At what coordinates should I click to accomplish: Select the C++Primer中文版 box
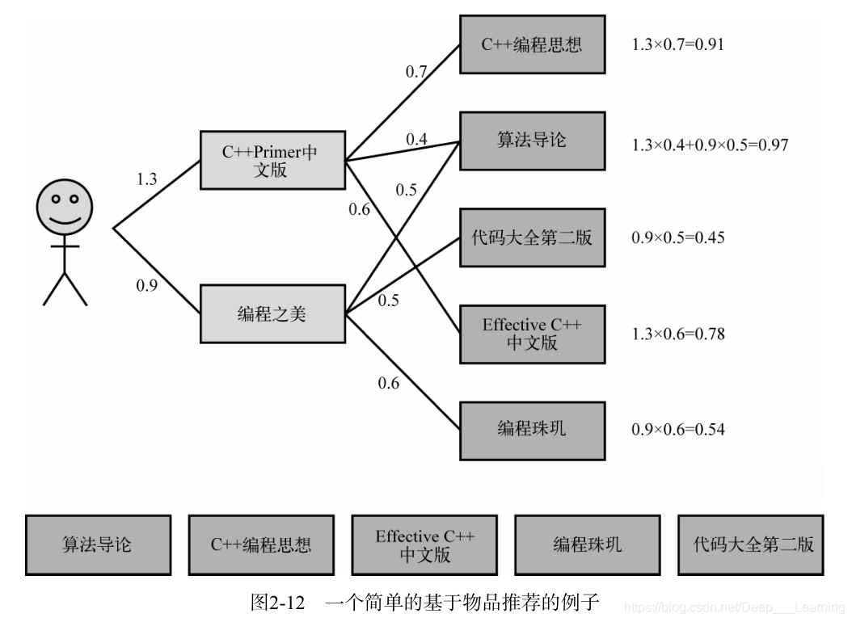[272, 160]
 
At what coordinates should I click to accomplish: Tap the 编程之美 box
[272, 313]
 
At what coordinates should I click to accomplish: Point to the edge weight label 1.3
[146, 179]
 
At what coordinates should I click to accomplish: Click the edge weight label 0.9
[146, 285]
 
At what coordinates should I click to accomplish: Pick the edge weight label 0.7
[416, 71]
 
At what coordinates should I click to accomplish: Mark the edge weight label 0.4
[416, 139]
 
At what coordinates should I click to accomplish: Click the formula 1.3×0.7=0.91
[677, 44]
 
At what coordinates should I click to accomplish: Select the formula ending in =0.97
[709, 145]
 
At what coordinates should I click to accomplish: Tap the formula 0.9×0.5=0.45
[677, 237]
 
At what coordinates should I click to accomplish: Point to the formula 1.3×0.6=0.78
[677, 334]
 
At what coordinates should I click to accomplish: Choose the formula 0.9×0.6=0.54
[677, 429]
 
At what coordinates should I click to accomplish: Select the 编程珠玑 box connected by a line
[532, 428]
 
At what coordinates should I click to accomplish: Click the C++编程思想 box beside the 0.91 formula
[532, 44]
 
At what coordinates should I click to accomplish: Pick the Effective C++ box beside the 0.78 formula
[532, 334]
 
